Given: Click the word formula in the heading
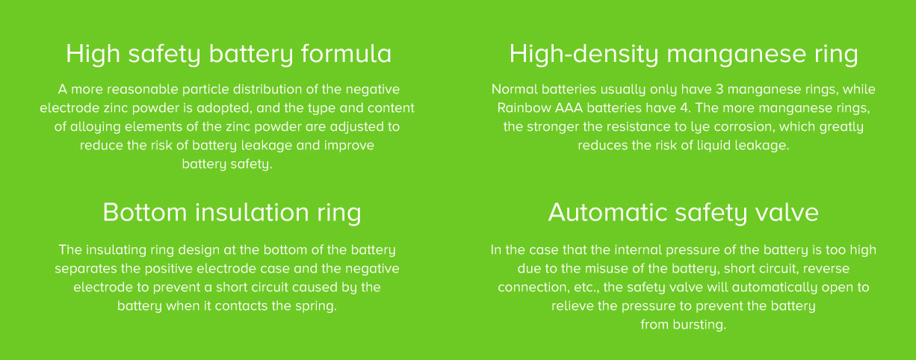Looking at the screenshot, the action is [347, 54].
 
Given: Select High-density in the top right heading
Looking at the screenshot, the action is [584, 54].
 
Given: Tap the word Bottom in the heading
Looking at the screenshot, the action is [145, 212].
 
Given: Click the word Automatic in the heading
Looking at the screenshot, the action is [607, 212].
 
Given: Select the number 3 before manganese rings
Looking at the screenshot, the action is [720, 89].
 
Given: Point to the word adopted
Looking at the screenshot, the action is [223, 108].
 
